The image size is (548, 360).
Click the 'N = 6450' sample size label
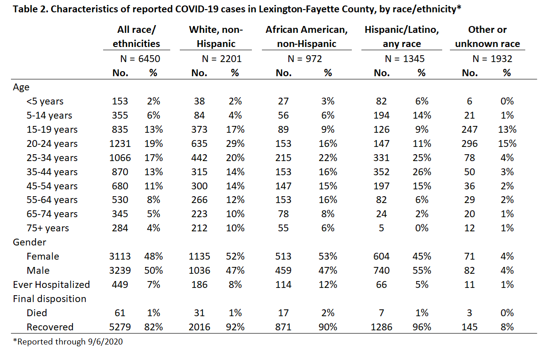pyautogui.click(x=140, y=59)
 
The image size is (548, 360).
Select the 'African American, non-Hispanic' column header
pyautogui.click(x=307, y=37)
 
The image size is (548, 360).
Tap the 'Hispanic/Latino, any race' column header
pyautogui.click(x=402, y=37)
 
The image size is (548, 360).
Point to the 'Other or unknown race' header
pyautogui.click(x=487, y=37)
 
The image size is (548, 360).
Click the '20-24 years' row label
pyautogui.click(x=52, y=144)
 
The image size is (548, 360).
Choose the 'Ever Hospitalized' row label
pyautogui.click(x=52, y=285)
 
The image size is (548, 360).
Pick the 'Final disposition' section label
pyautogui.click(x=49, y=299)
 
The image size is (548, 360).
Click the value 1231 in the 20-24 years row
pyautogui.click(x=120, y=144)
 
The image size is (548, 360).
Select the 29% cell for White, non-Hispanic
pyautogui.click(x=235, y=144)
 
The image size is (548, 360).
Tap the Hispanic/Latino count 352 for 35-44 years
pyautogui.click(x=381, y=172)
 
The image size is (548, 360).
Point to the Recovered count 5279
pyautogui.click(x=120, y=327)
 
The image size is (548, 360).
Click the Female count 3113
pyautogui.click(x=120, y=256)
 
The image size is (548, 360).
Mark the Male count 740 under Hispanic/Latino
pyautogui.click(x=381, y=271)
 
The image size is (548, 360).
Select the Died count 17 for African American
pyautogui.click(x=283, y=313)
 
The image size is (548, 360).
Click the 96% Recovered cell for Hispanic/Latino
pyautogui.click(x=422, y=327)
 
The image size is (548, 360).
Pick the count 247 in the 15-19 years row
pyautogui.click(x=470, y=130)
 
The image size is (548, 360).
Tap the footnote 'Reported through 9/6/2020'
pyautogui.click(x=68, y=342)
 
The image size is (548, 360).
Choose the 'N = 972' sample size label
pyautogui.click(x=305, y=59)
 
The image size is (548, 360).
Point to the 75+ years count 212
pyautogui.click(x=199, y=228)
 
